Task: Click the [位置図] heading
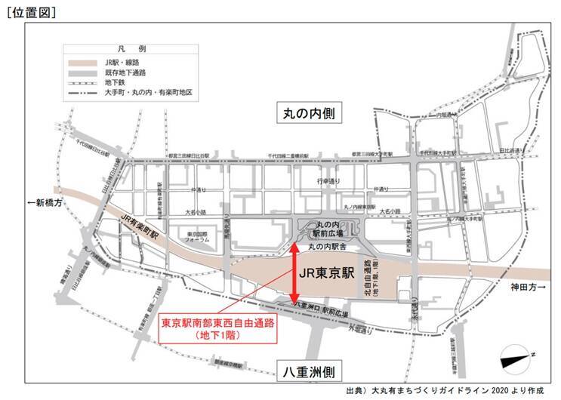click(x=31, y=11)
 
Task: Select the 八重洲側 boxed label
click(x=309, y=373)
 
